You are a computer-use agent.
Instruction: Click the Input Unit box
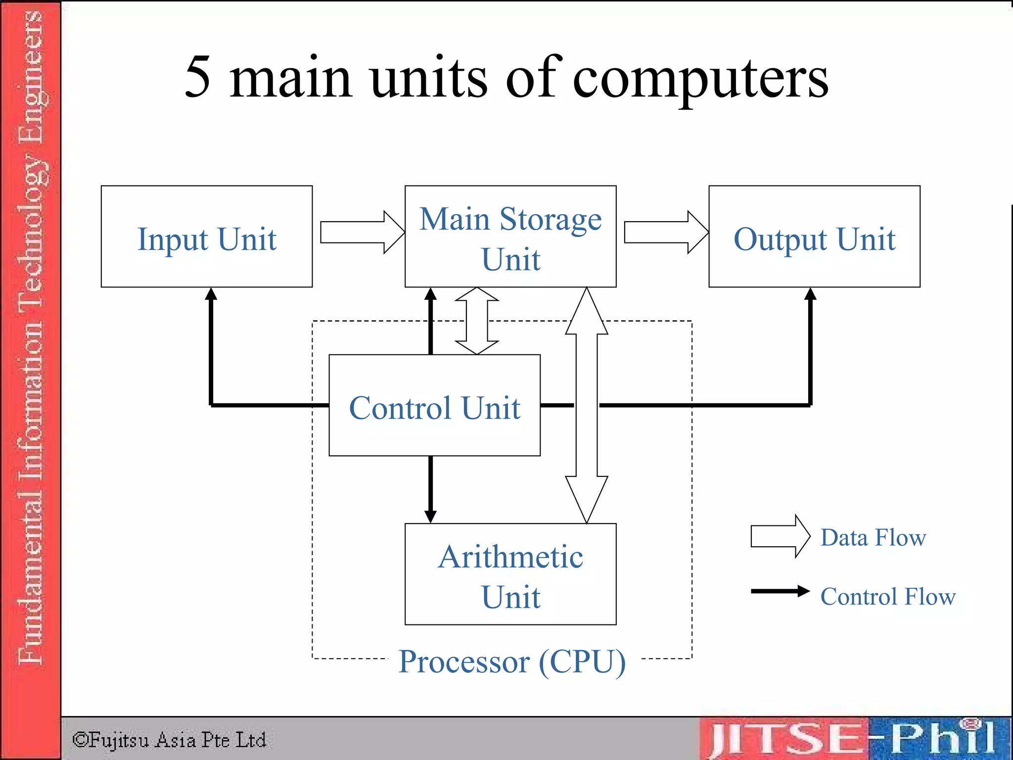point(207,237)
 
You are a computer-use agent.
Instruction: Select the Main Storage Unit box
point(510,237)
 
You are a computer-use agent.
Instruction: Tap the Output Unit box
point(814,237)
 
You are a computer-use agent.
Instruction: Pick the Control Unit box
point(434,405)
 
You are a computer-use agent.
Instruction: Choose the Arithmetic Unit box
point(510,574)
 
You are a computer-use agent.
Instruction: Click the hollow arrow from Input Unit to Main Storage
point(362,232)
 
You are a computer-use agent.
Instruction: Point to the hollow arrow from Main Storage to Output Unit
point(666,232)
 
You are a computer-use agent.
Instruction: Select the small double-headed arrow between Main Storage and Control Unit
point(477,321)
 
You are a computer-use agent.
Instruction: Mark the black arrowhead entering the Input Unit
point(211,294)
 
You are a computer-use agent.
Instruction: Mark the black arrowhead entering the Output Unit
point(810,294)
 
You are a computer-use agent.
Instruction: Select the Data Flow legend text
point(873,537)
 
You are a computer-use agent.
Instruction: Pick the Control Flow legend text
point(888,596)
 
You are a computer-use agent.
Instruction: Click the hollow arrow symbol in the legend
point(780,536)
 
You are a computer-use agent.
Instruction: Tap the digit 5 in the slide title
point(198,77)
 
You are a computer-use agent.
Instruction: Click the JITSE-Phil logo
point(853,738)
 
